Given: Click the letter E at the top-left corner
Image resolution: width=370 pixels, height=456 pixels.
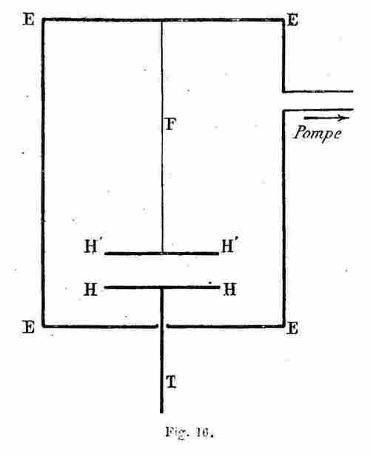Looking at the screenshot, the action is tap(28, 19).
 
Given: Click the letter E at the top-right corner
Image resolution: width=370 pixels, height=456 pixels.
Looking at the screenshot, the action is tap(292, 20).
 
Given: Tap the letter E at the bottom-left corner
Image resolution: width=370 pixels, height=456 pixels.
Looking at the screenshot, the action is tap(28, 327).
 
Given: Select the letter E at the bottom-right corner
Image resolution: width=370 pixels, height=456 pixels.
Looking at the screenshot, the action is tap(292, 328).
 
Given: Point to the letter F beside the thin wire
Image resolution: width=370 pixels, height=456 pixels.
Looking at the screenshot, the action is tap(171, 124).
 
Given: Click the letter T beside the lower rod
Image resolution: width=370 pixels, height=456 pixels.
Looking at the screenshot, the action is tap(171, 382).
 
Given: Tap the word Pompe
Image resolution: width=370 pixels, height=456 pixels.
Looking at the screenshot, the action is tap(317, 133).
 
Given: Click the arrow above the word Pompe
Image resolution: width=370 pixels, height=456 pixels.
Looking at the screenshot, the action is tap(326, 118).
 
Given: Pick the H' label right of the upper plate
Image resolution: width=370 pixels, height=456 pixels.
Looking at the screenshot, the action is tap(231, 245).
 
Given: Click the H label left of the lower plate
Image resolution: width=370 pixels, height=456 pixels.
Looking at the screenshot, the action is tap(90, 289).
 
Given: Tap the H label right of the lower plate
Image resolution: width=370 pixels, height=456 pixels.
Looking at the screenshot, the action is tap(229, 289).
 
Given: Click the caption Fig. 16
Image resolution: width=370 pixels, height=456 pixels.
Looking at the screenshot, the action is tap(189, 432).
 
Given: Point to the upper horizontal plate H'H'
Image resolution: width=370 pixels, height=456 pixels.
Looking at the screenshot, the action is tap(161, 254).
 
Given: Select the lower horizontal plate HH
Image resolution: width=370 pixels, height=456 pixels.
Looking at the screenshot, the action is tap(162, 288).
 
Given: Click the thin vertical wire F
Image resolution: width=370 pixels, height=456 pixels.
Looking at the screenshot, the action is tap(162, 136).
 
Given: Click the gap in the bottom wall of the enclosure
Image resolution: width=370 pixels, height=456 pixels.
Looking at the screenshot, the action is tap(162, 326).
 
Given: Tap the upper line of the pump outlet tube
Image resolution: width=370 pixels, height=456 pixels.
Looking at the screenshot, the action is tap(318, 92).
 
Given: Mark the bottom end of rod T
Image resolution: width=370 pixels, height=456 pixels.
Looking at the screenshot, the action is tap(161, 412).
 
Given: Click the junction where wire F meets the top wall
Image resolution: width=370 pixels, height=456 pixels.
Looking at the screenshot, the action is tap(162, 20).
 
